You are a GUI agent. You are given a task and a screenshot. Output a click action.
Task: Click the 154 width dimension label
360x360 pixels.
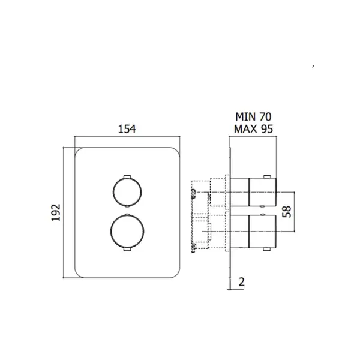(127, 129)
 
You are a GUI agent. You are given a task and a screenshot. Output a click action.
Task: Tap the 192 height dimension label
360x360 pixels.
(56, 212)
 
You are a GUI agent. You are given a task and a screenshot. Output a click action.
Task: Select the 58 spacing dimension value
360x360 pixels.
(287, 212)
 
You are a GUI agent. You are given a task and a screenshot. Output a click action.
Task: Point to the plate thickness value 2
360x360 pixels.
(242, 282)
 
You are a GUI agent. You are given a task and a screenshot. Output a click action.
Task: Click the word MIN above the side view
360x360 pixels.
(245, 117)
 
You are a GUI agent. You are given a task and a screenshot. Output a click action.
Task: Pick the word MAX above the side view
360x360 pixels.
(245, 129)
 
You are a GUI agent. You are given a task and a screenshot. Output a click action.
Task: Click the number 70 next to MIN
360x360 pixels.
(265, 117)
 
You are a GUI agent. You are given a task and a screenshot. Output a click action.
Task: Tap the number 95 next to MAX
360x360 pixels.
(267, 129)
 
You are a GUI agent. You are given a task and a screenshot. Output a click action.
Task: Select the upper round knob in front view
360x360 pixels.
(127, 192)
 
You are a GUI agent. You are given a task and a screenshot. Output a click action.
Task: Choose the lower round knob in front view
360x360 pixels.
(127, 232)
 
